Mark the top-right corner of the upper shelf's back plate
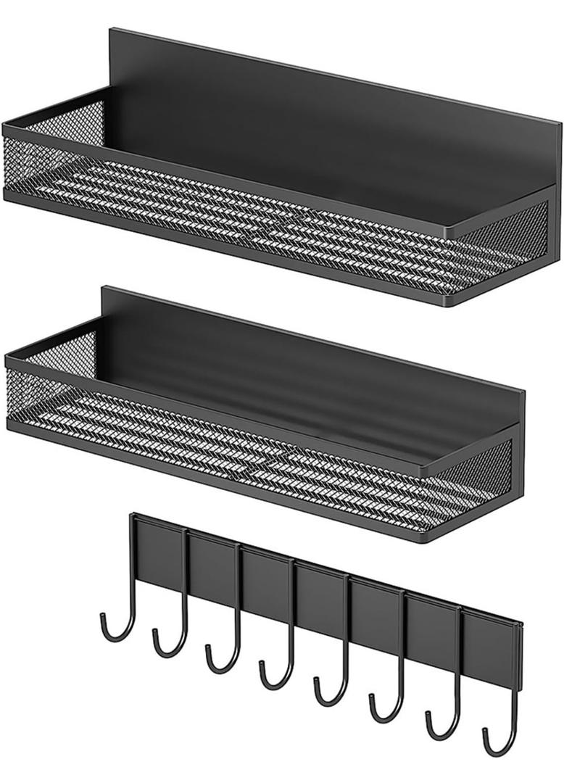(560, 125)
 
